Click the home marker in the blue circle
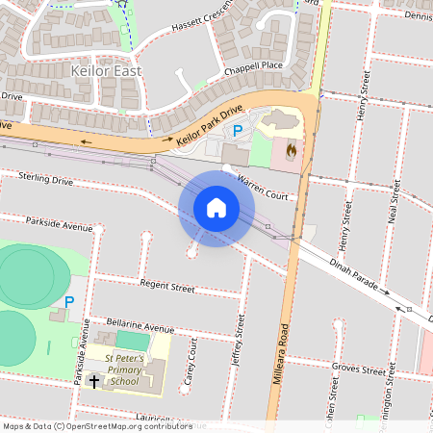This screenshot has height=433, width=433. (x=216, y=208)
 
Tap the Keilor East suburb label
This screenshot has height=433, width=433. (x=106, y=71)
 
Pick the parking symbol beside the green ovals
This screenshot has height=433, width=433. (x=68, y=301)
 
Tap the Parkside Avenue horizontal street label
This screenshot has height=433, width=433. (x=59, y=224)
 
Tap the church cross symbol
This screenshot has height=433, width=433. (x=94, y=381)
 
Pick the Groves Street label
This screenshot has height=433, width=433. (x=358, y=369)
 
